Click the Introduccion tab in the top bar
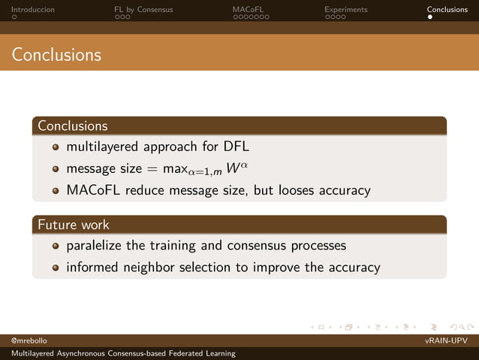click(32, 10)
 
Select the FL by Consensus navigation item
click(143, 10)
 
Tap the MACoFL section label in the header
click(248, 10)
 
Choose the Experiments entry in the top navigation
click(345, 10)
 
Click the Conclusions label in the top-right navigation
click(447, 10)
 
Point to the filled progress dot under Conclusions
click(429, 18)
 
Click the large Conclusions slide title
click(56, 55)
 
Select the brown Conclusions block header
click(73, 126)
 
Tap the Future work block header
click(74, 224)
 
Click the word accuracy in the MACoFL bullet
click(345, 190)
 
